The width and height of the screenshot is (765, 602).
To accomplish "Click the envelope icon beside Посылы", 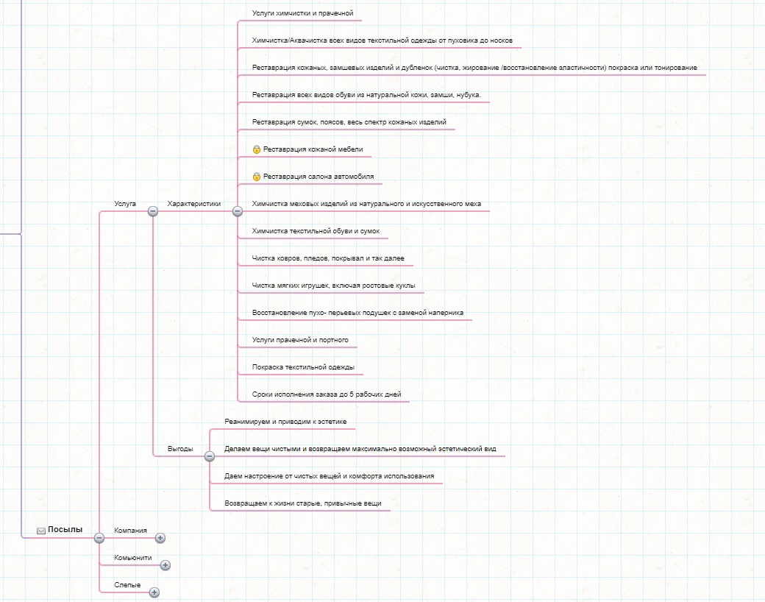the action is pos(41,531).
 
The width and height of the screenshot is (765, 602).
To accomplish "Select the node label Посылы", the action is pos(65,529).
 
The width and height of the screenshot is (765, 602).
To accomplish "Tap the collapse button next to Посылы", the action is pos(99,537).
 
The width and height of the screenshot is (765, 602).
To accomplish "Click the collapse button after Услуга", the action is pos(153,211).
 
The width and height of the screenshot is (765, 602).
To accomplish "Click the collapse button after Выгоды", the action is pos(210,456).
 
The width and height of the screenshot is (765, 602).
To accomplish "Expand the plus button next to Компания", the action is pos(160,537).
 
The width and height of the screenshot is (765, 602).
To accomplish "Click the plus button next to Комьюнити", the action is pos(166,565).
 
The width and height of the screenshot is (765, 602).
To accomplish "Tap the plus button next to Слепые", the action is pos(154,592).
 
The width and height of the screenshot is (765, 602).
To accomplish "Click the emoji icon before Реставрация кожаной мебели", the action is pos(257,149).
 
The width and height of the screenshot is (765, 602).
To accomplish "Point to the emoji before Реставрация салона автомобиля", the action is pos(257,177).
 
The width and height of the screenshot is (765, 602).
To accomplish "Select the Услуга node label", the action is pos(125,204).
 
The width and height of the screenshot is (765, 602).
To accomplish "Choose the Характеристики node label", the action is pos(194,204).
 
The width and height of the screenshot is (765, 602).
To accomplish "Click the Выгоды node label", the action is pos(180,449).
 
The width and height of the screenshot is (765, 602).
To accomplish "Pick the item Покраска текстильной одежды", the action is pos(303,367).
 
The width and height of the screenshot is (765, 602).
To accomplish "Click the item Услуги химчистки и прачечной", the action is pos(302,13).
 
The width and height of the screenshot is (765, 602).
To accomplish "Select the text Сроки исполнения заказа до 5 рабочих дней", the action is pos(327,394).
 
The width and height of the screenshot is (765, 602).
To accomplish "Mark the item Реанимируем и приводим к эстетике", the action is pos(285,422).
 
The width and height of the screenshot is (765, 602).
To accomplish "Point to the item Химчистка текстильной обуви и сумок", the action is pos(316,231).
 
